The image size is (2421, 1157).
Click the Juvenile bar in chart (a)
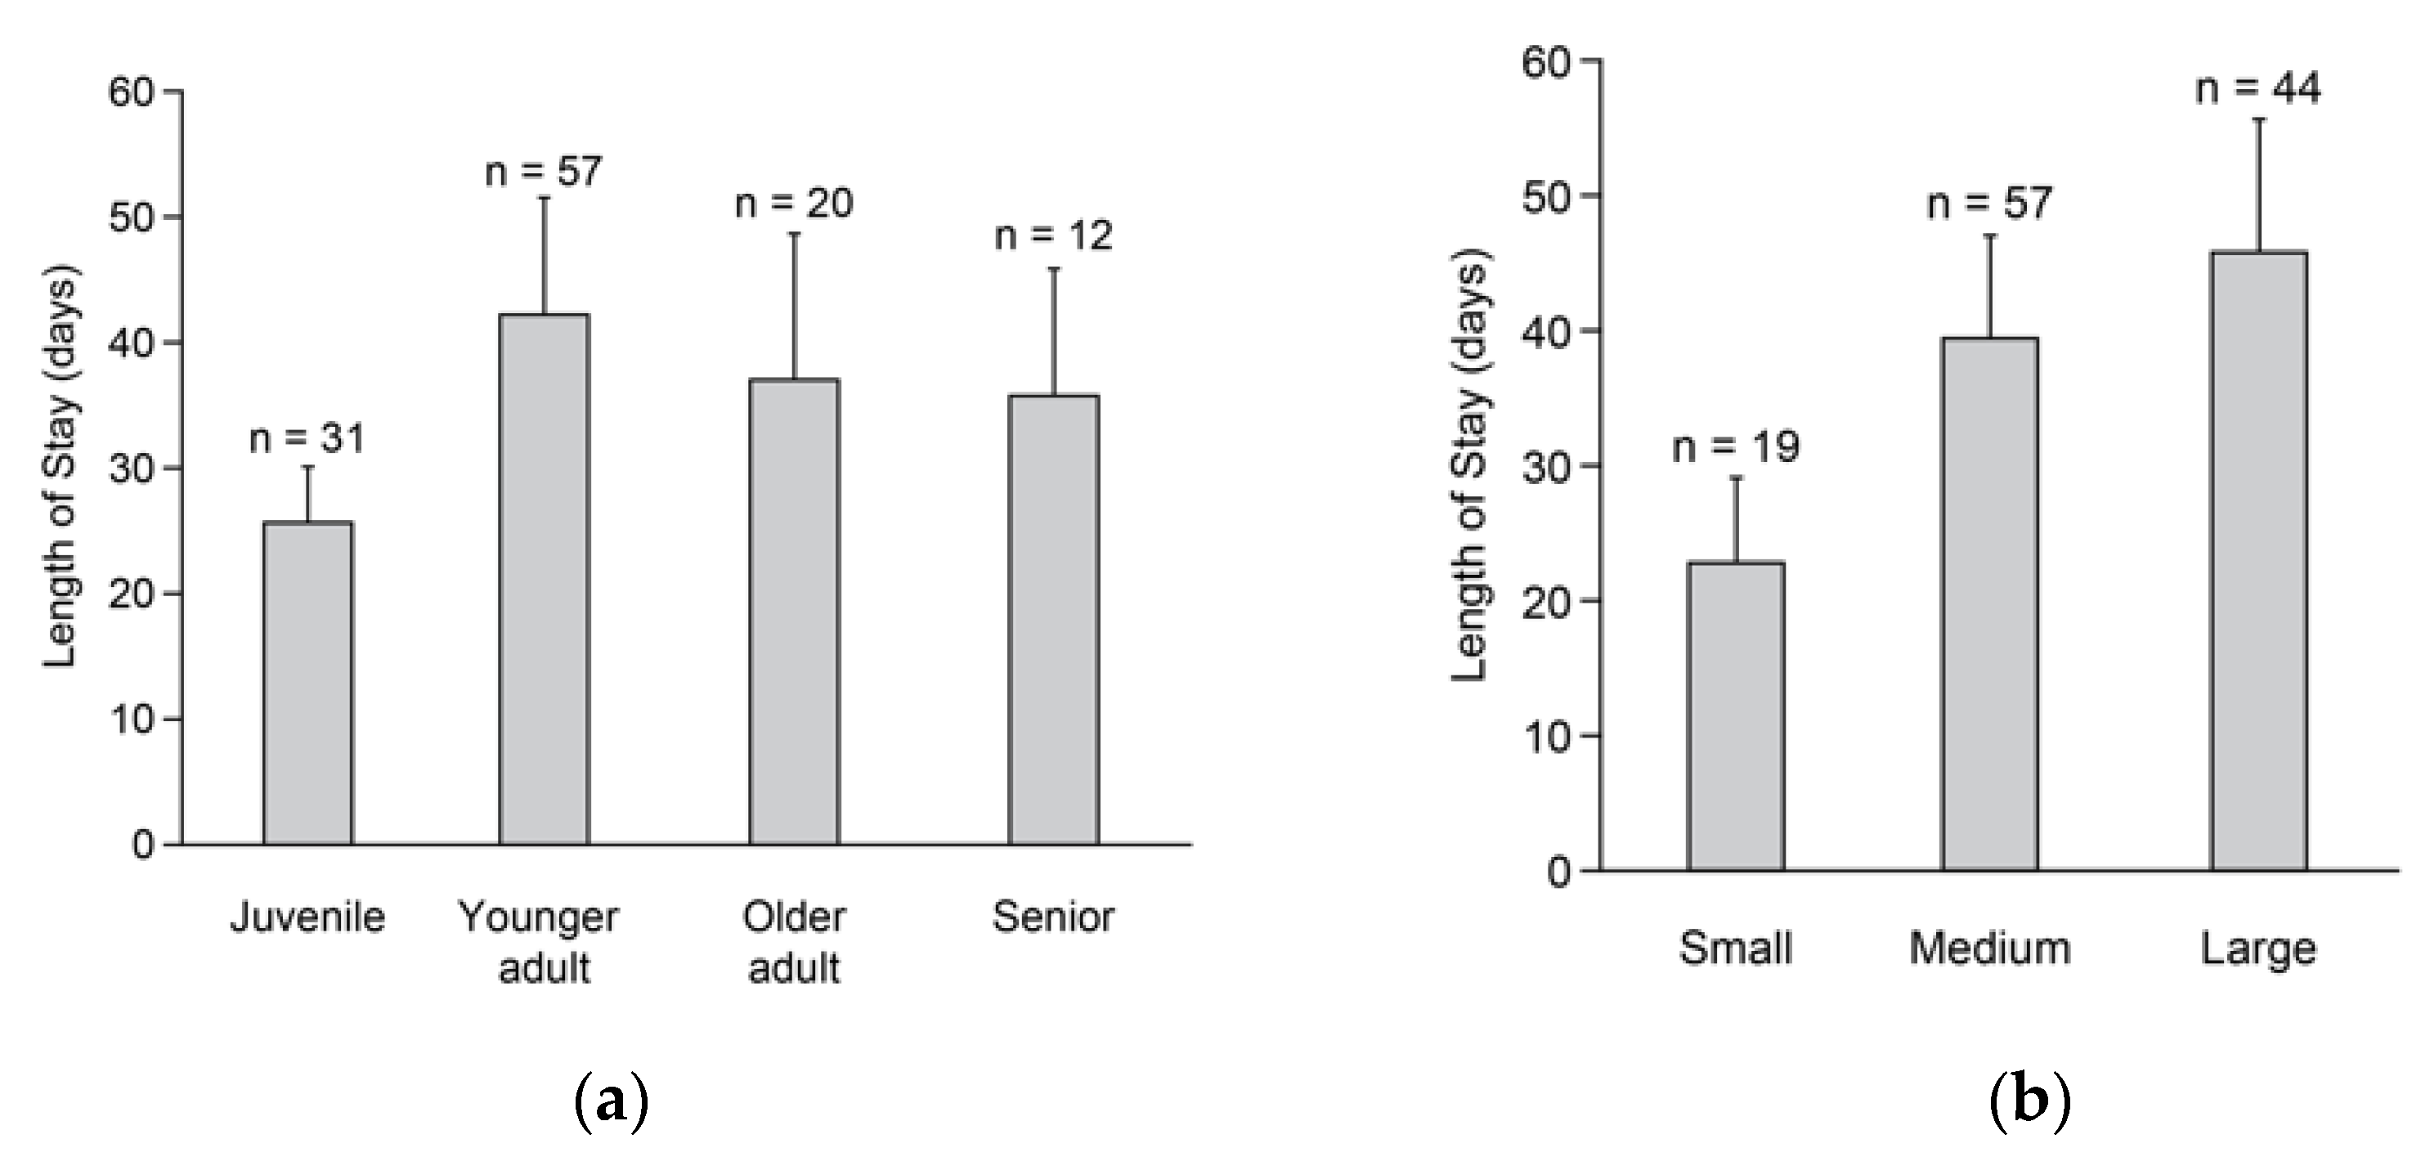308,684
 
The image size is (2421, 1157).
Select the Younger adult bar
545,580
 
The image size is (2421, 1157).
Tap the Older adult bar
794,612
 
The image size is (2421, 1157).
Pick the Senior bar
1054,621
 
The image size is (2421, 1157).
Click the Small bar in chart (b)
1736,716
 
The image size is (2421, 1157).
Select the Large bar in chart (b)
2258,561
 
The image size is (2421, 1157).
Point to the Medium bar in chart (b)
1989,604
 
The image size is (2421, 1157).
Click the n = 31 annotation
307,438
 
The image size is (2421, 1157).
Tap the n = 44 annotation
2258,88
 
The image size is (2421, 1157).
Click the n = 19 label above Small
1736,446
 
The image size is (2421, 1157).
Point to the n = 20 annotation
794,203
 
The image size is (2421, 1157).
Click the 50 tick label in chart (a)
132,218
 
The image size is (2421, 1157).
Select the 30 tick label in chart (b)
1547,466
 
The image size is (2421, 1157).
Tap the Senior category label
1054,917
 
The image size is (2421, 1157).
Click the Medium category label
1989,948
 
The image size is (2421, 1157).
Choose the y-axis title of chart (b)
1471,466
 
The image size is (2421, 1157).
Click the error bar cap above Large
2258,119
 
